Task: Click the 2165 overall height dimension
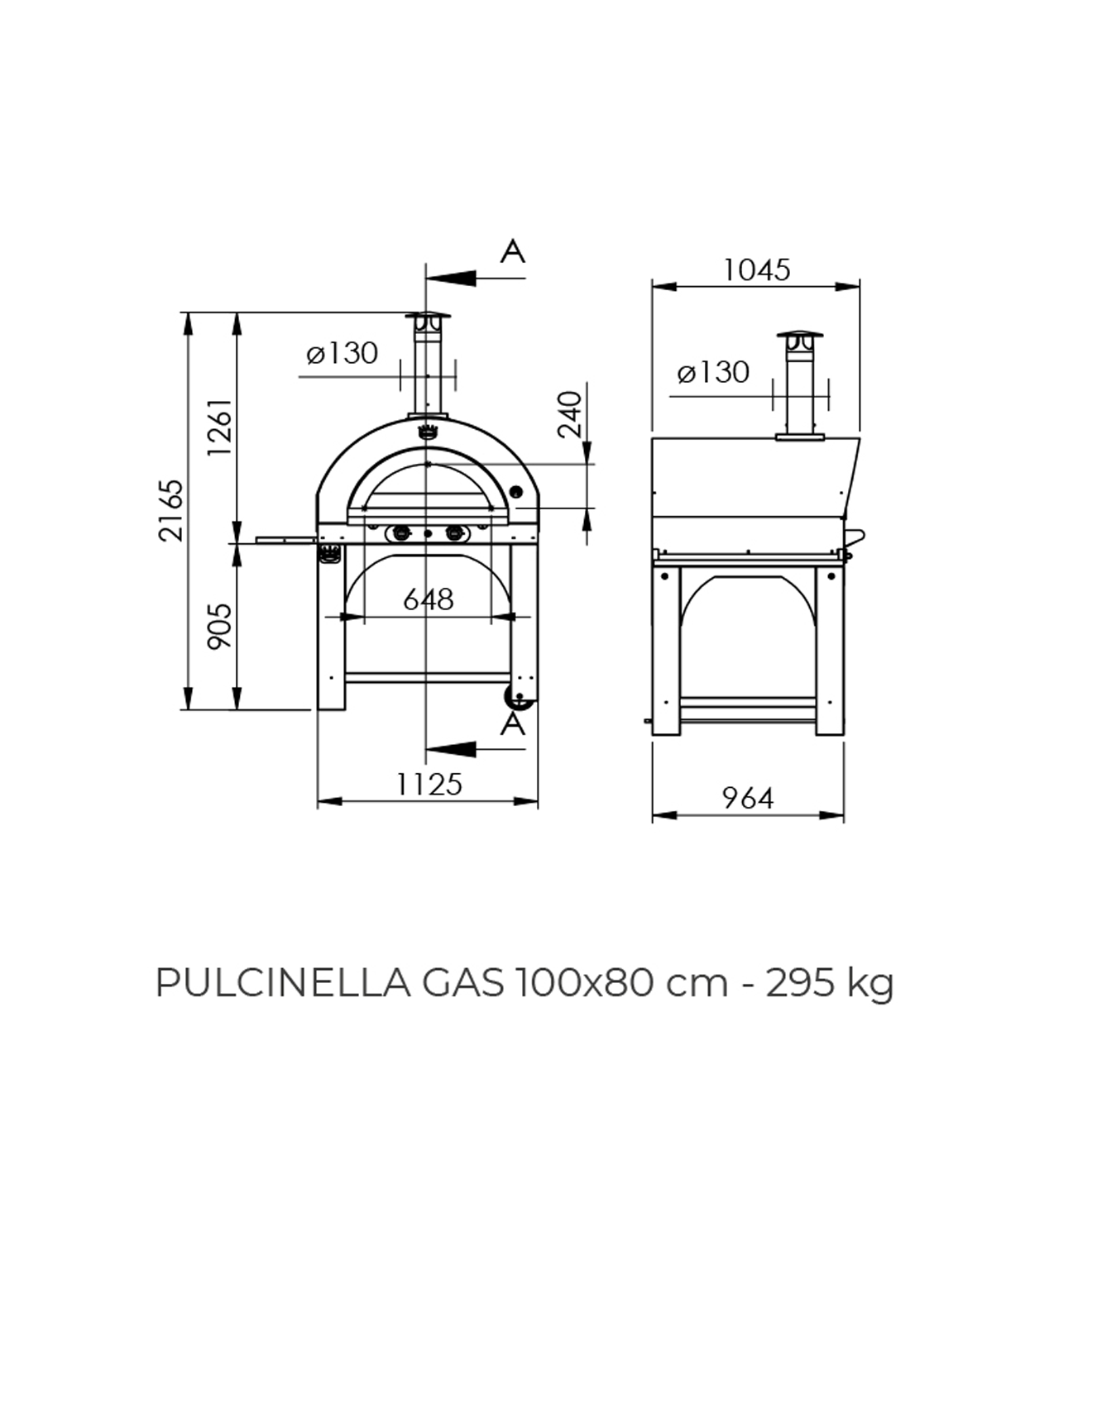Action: click(x=171, y=510)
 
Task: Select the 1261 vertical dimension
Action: click(x=221, y=427)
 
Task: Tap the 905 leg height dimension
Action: click(x=220, y=626)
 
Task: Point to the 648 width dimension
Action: click(x=429, y=599)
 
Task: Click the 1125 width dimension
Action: click(x=429, y=784)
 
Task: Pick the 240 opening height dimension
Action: click(x=570, y=414)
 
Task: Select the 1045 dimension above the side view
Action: click(x=757, y=270)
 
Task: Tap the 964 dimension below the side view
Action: click(x=748, y=798)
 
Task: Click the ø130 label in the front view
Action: click(x=342, y=353)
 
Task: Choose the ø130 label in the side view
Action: click(x=713, y=372)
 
